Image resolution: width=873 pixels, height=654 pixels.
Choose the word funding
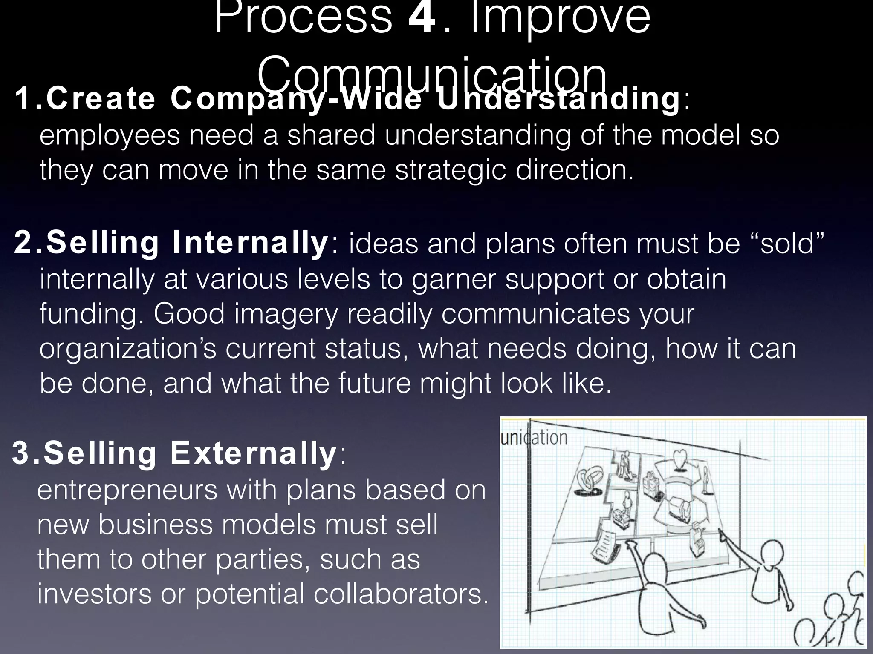(92, 314)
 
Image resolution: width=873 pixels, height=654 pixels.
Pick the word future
(375, 383)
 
